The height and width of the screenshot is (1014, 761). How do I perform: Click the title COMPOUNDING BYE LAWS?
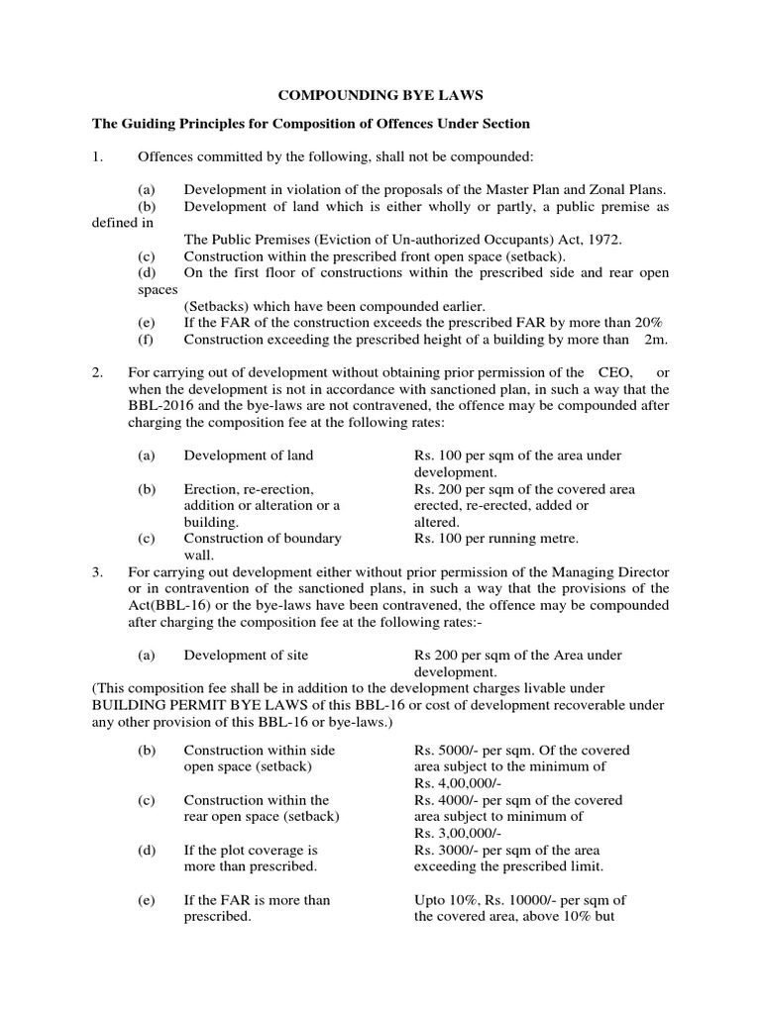click(x=380, y=96)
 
